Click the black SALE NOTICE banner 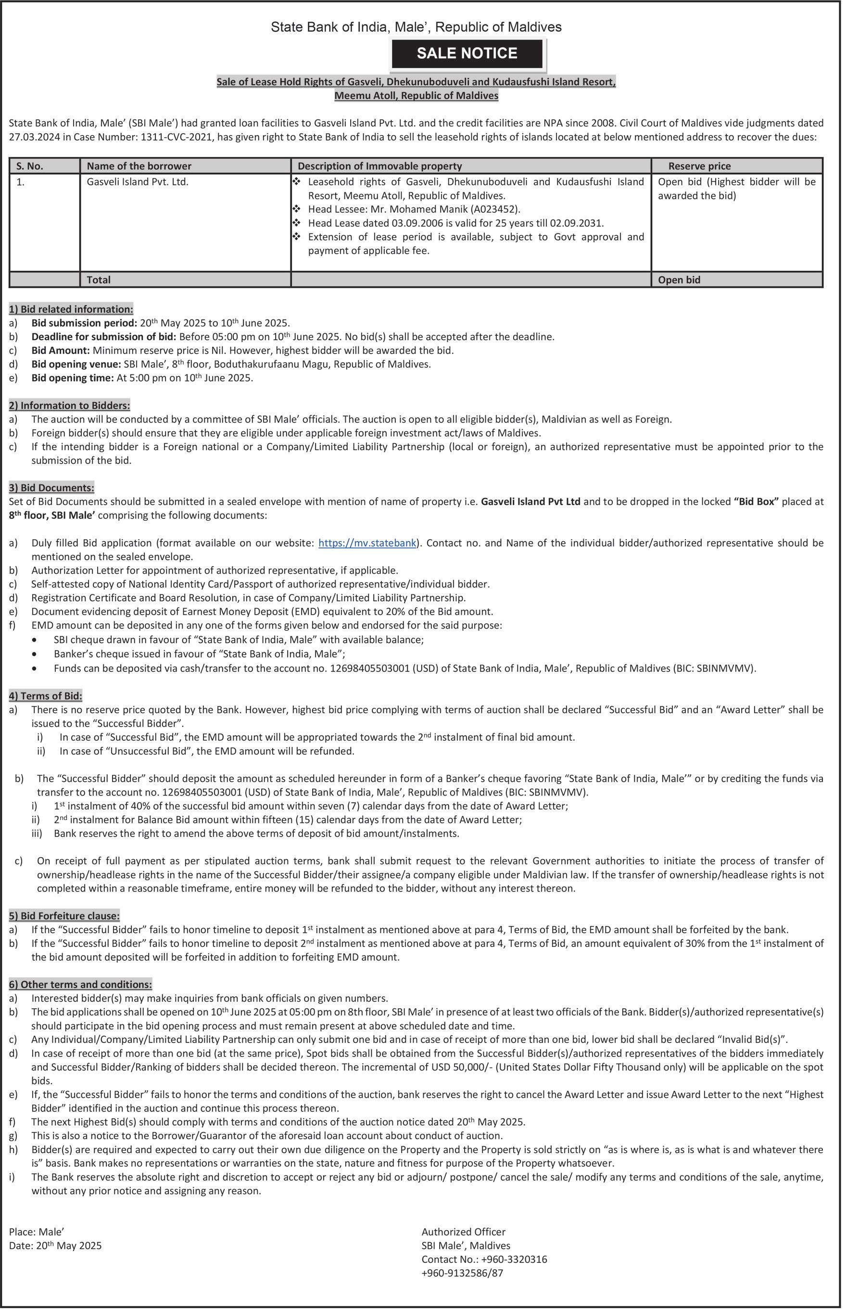point(467,53)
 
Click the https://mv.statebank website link point(367,543)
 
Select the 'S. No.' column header point(30,166)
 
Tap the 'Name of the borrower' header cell point(139,166)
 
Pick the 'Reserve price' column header point(699,166)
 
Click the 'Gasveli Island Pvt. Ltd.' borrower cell point(138,182)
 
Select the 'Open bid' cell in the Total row point(679,280)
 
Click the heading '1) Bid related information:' point(71,309)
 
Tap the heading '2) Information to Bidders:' point(69,406)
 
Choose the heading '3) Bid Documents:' point(51,488)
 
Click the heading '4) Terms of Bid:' point(46,696)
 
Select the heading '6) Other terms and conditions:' point(80,984)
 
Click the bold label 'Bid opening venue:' point(76,364)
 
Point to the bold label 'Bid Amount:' point(61,351)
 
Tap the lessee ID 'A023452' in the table point(499,209)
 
